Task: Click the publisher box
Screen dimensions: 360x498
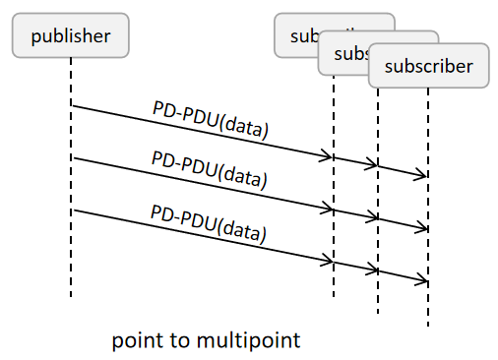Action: click(x=70, y=36)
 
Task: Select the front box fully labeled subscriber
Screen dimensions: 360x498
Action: click(x=428, y=67)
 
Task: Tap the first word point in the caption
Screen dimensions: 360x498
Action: click(x=136, y=340)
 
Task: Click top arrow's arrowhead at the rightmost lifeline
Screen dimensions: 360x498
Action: click(x=425, y=177)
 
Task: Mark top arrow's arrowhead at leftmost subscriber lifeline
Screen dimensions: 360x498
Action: click(x=331, y=157)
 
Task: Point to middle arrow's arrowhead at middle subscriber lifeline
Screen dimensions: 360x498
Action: click(x=375, y=218)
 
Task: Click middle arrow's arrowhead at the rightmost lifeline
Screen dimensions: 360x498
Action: click(x=425, y=229)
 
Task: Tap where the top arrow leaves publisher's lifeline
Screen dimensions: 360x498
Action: click(x=72, y=105)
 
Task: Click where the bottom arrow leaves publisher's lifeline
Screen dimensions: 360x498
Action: click(x=72, y=210)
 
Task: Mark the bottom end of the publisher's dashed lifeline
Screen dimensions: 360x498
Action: click(x=72, y=295)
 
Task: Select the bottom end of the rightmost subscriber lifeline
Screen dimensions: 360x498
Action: click(x=428, y=326)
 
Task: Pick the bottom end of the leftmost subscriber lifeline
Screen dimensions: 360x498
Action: click(x=334, y=295)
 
